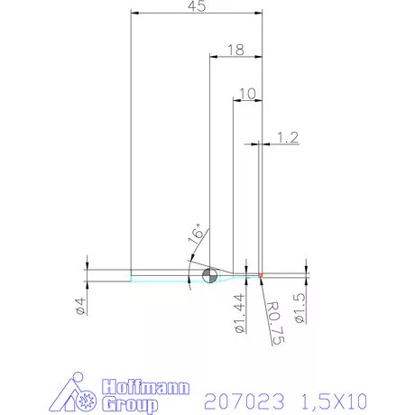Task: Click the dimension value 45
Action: (x=197, y=7)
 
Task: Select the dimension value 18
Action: (x=236, y=51)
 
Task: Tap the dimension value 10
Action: (x=248, y=93)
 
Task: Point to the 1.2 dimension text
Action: (x=288, y=137)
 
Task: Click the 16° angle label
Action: (x=196, y=237)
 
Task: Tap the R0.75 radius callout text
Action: (x=276, y=324)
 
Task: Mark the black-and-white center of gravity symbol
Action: (x=208, y=275)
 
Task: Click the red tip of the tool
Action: (x=261, y=274)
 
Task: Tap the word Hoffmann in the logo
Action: (x=146, y=387)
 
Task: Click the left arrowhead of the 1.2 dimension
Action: (x=255, y=143)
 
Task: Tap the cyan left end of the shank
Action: (x=132, y=275)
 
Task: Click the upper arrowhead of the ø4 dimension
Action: (x=88, y=266)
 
